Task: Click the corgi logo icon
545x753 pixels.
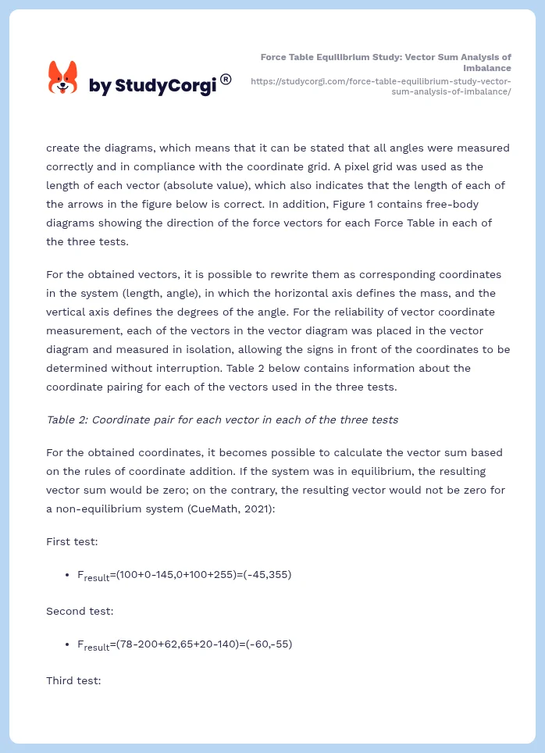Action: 63,77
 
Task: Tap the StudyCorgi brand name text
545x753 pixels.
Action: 152,86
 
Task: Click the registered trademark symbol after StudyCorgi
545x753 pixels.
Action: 226,79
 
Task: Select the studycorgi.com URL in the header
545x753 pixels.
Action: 380,86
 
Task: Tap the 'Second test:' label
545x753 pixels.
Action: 80,611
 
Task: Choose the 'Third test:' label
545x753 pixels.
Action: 73,680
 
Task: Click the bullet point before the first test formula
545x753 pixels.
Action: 69,575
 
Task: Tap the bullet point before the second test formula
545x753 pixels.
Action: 69,644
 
